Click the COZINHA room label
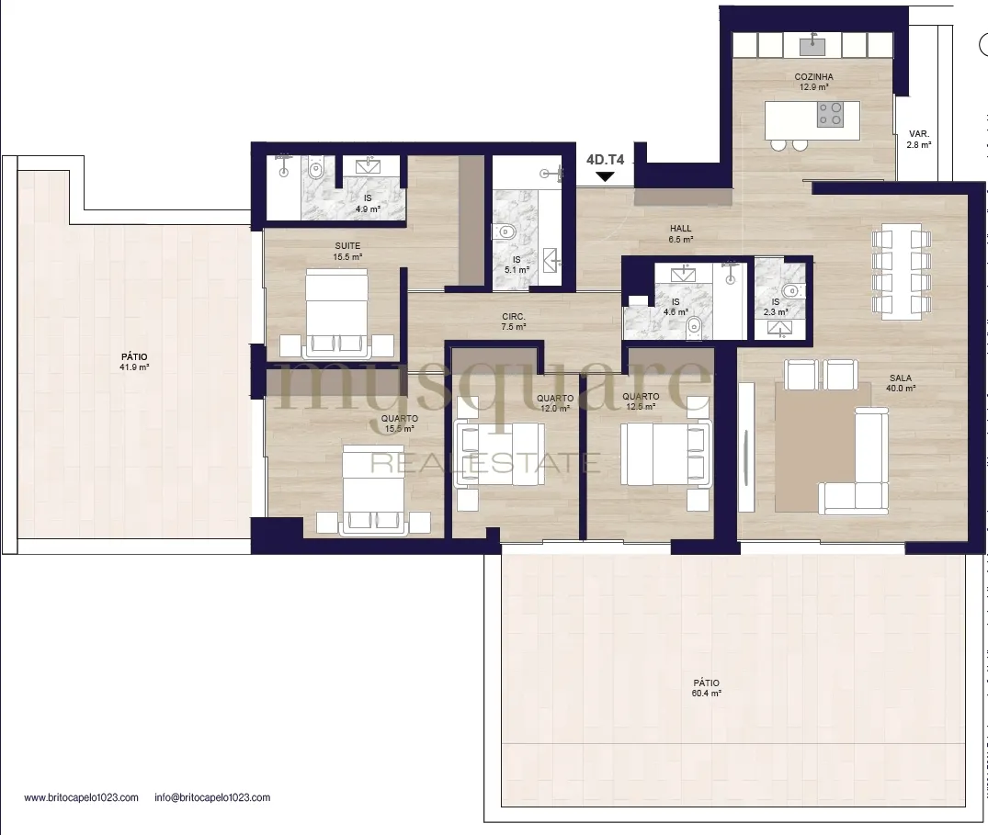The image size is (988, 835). pos(813,77)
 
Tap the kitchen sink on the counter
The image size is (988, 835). pos(812,45)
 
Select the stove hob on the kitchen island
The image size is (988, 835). pos(830,115)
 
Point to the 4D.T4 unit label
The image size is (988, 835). pos(605,160)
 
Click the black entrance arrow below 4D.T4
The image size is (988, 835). pos(605,177)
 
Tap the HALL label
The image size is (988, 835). pos(680,229)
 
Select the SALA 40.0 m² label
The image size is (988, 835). pos(901,383)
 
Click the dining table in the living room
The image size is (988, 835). pos(901,271)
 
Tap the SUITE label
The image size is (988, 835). pos(347,245)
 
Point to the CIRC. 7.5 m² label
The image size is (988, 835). pos(514,322)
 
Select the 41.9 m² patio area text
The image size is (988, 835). pos(134,367)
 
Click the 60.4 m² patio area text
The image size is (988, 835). pos(707,694)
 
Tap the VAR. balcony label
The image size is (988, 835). pos(919,133)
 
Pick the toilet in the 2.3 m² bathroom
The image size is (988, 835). pos(792,291)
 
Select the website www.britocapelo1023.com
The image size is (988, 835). pos(81,797)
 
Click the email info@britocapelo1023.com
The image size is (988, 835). pos(212,797)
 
